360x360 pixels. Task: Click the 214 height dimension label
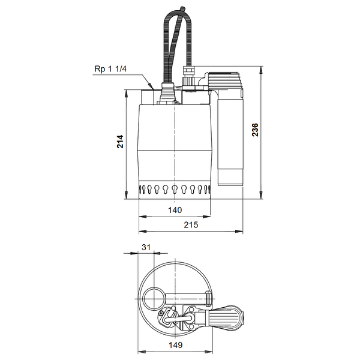tap(121, 142)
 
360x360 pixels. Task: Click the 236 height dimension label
tap(255, 130)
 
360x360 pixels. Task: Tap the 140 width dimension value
tap(175, 210)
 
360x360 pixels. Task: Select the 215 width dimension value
tap(191, 225)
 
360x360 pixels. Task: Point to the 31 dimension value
tap(146, 247)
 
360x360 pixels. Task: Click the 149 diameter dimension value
tap(176, 345)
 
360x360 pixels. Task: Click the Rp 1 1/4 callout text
tap(110, 68)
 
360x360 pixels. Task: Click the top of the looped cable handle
tap(178, 11)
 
